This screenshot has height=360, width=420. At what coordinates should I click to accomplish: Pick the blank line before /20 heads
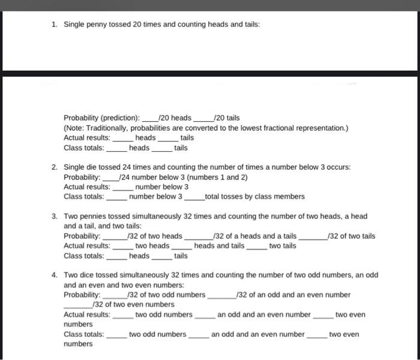[149, 119]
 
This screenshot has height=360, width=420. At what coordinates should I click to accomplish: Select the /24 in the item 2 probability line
[125, 177]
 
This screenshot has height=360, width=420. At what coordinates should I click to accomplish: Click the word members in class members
[290, 196]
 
